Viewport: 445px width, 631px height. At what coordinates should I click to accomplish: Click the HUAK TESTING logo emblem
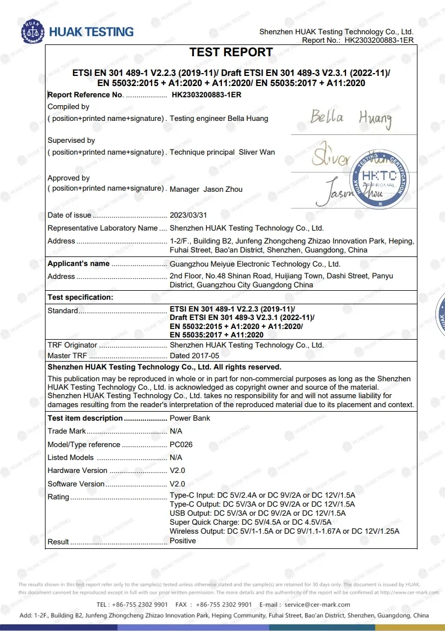point(32,32)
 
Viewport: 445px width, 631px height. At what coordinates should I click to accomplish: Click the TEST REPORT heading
point(231,52)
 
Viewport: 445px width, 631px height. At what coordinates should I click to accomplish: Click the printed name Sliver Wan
point(257,152)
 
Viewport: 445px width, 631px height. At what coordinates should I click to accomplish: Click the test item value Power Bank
point(190,418)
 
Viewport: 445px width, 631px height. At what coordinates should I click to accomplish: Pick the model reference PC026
point(181,444)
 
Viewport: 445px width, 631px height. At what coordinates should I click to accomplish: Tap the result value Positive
point(183,540)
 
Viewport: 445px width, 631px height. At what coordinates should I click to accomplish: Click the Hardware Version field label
point(78,470)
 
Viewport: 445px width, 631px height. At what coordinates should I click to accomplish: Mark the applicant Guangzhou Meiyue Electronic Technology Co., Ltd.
point(255,264)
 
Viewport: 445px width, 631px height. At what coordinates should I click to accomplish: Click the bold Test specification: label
point(80,297)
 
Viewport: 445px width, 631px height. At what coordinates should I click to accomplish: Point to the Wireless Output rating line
point(284,531)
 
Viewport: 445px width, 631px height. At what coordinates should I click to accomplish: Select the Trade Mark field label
point(67,431)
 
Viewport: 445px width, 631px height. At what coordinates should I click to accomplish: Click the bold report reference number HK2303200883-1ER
point(206,95)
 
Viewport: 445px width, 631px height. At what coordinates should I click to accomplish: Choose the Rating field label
point(58,497)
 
